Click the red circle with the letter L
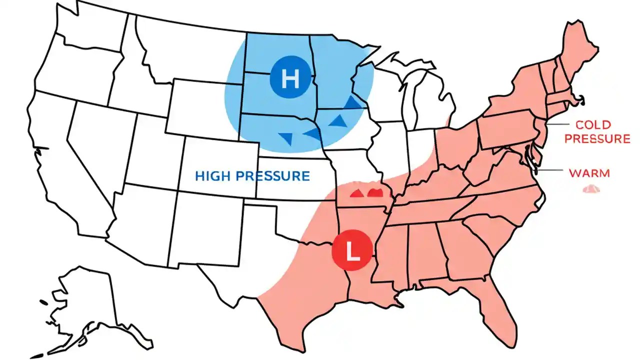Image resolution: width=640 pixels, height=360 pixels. coord(352,248)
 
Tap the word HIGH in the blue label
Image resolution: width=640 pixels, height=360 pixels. coord(213,176)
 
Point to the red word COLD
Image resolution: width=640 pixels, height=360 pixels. coord(593,124)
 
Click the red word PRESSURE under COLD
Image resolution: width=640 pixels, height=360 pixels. coord(597,138)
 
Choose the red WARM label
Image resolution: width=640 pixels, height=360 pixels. coord(589,173)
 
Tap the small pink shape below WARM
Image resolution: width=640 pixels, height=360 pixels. coord(591,189)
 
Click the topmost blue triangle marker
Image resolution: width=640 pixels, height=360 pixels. coord(352,102)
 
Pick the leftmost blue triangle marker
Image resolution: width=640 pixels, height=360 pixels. coord(286,138)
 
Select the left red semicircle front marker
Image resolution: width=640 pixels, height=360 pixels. coord(357,193)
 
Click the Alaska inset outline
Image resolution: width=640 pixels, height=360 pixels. coord(85,305)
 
